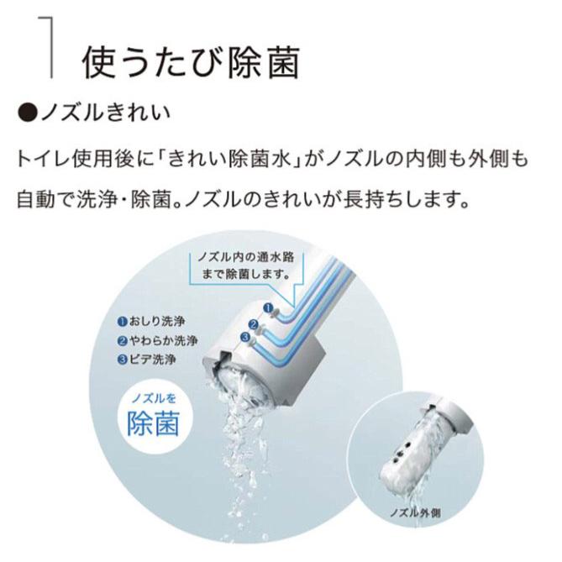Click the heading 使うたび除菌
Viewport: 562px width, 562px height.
click(x=190, y=61)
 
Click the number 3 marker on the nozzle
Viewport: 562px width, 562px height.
click(x=245, y=337)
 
